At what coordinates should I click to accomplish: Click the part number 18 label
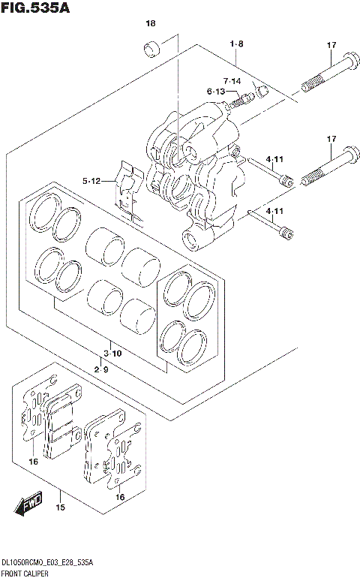pyautogui.click(x=151, y=24)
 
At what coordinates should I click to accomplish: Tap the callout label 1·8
pyautogui.click(x=236, y=45)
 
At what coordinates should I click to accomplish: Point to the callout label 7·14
pyautogui.click(x=231, y=80)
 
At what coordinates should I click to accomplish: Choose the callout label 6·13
pyautogui.click(x=216, y=92)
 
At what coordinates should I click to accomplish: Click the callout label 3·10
pyautogui.click(x=112, y=353)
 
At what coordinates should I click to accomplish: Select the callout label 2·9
pyautogui.click(x=103, y=369)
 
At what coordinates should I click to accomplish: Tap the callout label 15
pyautogui.click(x=61, y=508)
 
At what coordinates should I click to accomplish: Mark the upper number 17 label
pyautogui.click(x=331, y=46)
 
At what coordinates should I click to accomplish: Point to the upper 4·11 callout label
pyautogui.click(x=273, y=159)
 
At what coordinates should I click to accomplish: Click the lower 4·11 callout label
pyautogui.click(x=273, y=212)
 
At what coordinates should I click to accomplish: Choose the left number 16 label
pyautogui.click(x=33, y=462)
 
